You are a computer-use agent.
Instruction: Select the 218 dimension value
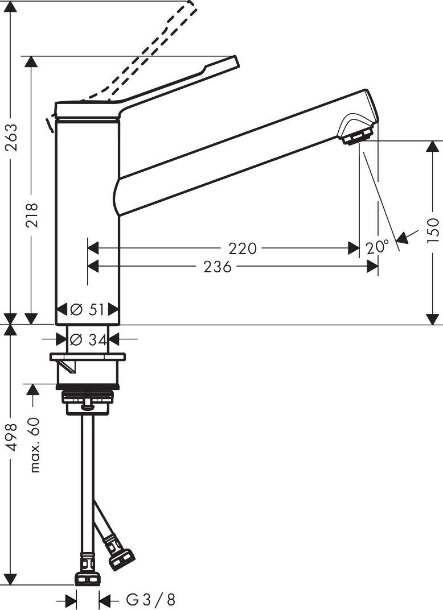[x=31, y=215]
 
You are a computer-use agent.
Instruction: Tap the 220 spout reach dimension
[x=243, y=248]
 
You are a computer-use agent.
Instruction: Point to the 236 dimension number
[x=218, y=267]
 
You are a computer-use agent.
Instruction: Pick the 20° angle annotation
[x=377, y=247]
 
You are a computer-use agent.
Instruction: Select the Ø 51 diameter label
[x=87, y=310]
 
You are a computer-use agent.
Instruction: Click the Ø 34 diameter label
[x=88, y=339]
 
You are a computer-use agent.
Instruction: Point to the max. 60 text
[x=35, y=445]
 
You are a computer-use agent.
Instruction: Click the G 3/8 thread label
[x=151, y=600]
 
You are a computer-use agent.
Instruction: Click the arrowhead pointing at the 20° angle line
[x=403, y=237]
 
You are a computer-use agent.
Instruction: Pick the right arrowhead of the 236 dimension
[x=372, y=267]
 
